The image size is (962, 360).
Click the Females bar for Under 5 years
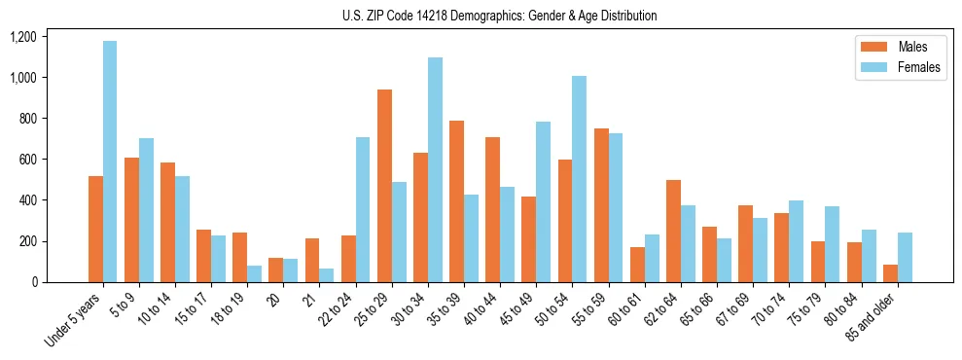(x=110, y=162)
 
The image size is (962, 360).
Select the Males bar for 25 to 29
(x=384, y=186)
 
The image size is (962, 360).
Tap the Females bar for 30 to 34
(x=435, y=170)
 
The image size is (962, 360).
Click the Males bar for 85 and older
(x=890, y=273)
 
